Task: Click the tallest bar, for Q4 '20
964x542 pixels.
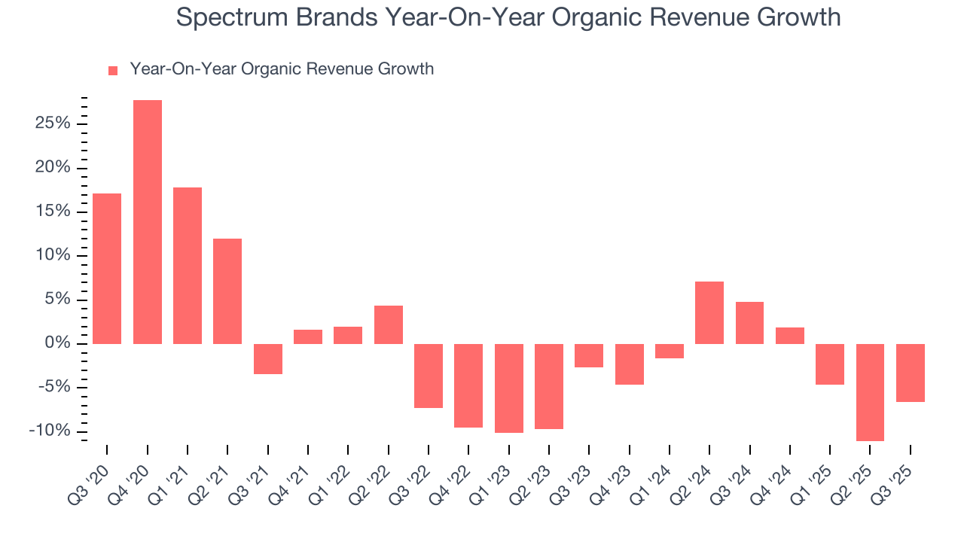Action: point(147,222)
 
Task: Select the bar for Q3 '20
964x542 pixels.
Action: point(107,269)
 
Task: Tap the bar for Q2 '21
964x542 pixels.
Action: point(227,291)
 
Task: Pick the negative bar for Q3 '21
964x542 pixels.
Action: point(267,359)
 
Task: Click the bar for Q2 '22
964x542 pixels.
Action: point(389,324)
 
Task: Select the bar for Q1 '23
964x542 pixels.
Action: point(508,388)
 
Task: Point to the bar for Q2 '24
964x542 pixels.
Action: point(709,312)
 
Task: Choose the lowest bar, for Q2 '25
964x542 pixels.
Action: point(870,392)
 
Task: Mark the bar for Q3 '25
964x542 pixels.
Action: point(910,373)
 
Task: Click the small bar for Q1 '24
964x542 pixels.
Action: point(669,351)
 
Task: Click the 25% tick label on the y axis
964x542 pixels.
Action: point(53,123)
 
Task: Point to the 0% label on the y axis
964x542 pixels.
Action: point(57,344)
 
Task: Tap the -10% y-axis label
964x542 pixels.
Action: point(50,431)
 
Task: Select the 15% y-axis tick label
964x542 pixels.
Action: point(53,212)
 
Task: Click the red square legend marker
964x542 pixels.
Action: point(113,71)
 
